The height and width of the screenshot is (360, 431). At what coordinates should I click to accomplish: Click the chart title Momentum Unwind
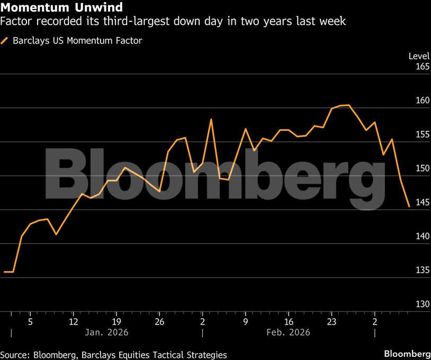(x=62, y=7)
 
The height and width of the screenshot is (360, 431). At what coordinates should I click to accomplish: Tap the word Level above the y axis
(x=419, y=56)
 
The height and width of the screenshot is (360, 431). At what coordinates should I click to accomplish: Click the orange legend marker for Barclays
(x=5, y=40)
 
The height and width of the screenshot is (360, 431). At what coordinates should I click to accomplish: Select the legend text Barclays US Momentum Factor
(x=77, y=40)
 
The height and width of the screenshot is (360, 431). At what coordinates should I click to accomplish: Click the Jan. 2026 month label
(x=106, y=332)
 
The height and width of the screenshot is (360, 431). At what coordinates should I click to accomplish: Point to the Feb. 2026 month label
(x=288, y=332)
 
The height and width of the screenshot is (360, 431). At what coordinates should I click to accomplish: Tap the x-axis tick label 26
(x=159, y=321)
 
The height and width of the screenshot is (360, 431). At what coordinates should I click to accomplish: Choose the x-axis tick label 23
(x=331, y=321)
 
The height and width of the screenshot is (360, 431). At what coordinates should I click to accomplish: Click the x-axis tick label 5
(x=30, y=321)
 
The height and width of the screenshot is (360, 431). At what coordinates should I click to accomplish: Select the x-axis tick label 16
(x=289, y=321)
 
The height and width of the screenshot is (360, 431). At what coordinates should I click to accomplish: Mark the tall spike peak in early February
(x=211, y=119)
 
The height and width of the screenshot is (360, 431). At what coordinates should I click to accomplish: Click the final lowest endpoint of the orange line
(x=409, y=206)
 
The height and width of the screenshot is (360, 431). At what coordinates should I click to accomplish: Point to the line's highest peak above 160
(x=348, y=105)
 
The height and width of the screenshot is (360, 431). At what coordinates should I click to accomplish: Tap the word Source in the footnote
(x=15, y=355)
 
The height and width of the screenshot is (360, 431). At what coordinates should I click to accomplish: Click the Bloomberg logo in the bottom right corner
(x=407, y=354)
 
